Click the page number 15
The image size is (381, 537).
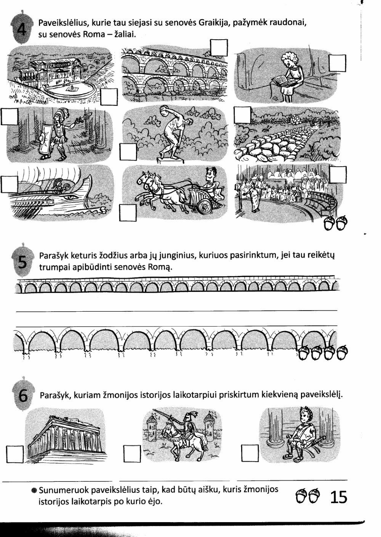coord(339,497)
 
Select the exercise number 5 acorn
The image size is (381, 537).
coord(22,261)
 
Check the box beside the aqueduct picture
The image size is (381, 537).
coord(219,48)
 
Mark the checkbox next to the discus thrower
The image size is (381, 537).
coord(128,152)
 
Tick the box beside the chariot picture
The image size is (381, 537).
coord(128,213)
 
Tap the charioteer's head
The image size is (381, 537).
coord(211,174)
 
